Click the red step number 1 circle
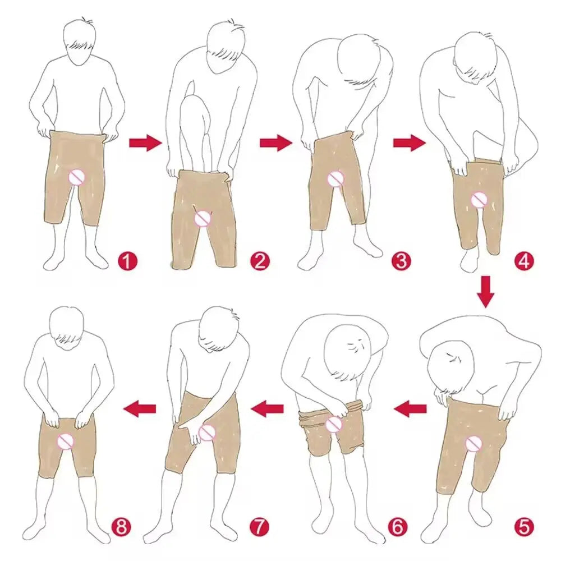[128, 261]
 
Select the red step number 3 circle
[401, 261]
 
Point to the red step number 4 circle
[523, 261]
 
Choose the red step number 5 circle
[523, 527]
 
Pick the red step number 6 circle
[397, 527]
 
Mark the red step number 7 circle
[259, 527]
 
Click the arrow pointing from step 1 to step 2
[145, 143]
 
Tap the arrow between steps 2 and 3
[275, 143]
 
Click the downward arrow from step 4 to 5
[486, 292]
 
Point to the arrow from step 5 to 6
[410, 409]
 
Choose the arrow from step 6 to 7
[268, 409]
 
